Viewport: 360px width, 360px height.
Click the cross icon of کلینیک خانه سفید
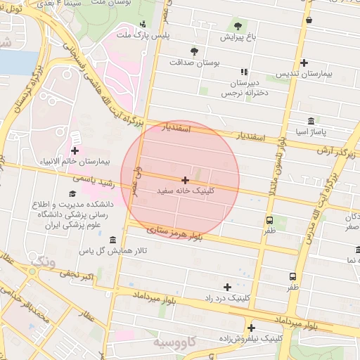[185, 181]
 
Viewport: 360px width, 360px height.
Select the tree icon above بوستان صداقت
[194, 51]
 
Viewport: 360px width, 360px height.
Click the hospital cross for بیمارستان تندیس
[303, 63]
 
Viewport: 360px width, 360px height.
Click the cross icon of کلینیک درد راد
[227, 287]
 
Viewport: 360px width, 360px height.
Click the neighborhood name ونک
[41, 262]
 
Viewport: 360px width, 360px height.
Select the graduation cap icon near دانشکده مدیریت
[71, 193]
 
